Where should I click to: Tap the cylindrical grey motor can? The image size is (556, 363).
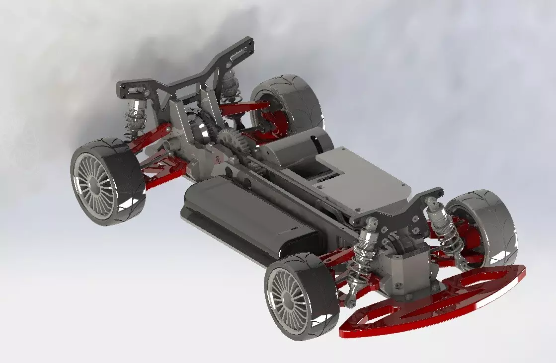293,146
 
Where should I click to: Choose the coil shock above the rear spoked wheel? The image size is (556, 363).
136,117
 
